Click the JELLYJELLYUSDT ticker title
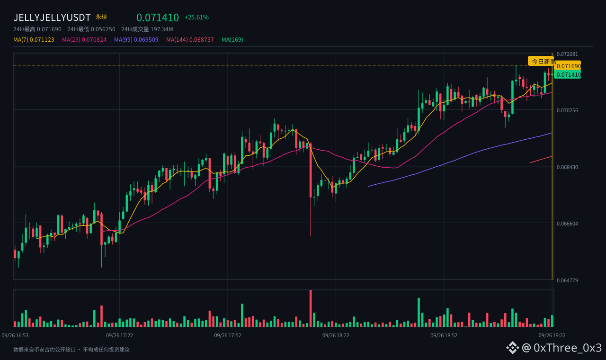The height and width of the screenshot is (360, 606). tap(52, 18)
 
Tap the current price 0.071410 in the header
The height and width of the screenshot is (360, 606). tap(158, 18)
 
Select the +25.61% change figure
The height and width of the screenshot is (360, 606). tap(196, 18)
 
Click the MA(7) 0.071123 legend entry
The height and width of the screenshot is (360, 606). tap(34, 40)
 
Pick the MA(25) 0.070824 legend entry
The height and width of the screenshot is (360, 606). tap(84, 40)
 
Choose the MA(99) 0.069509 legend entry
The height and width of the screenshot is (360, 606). tap(136, 40)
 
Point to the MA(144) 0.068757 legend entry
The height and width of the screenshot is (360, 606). tap(190, 40)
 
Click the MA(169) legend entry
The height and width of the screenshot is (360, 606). tap(235, 40)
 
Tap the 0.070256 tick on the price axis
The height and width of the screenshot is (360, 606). tap(567, 110)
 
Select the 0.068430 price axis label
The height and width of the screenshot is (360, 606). tap(567, 167)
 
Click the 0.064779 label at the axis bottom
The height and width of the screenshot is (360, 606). tap(567, 280)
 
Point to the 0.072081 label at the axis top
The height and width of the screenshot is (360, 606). tap(567, 54)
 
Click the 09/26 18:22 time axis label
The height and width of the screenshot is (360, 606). tap(336, 335)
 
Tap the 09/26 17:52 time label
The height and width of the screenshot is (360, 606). tap(228, 335)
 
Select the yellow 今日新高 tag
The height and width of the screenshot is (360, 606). tap(542, 62)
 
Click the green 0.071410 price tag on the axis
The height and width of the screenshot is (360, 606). tap(568, 74)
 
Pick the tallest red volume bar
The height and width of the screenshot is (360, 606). tap(311, 308)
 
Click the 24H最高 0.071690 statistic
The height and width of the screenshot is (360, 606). tap(37, 29)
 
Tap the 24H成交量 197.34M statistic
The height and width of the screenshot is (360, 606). tap(147, 29)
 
